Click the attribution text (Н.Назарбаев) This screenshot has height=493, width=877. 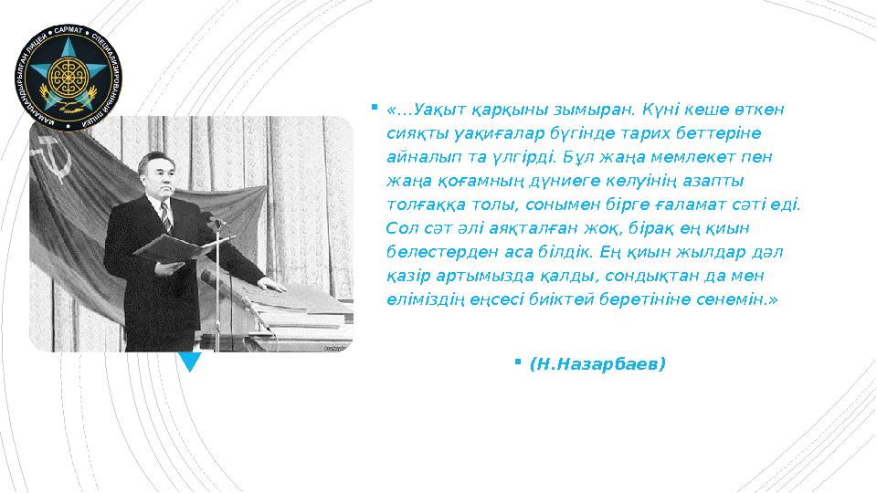tap(597, 364)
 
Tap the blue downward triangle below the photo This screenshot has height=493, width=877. tap(190, 362)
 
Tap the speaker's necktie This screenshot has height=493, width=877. tap(165, 216)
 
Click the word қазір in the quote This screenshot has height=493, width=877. tap(406, 275)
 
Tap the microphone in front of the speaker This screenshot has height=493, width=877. tap(211, 221)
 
